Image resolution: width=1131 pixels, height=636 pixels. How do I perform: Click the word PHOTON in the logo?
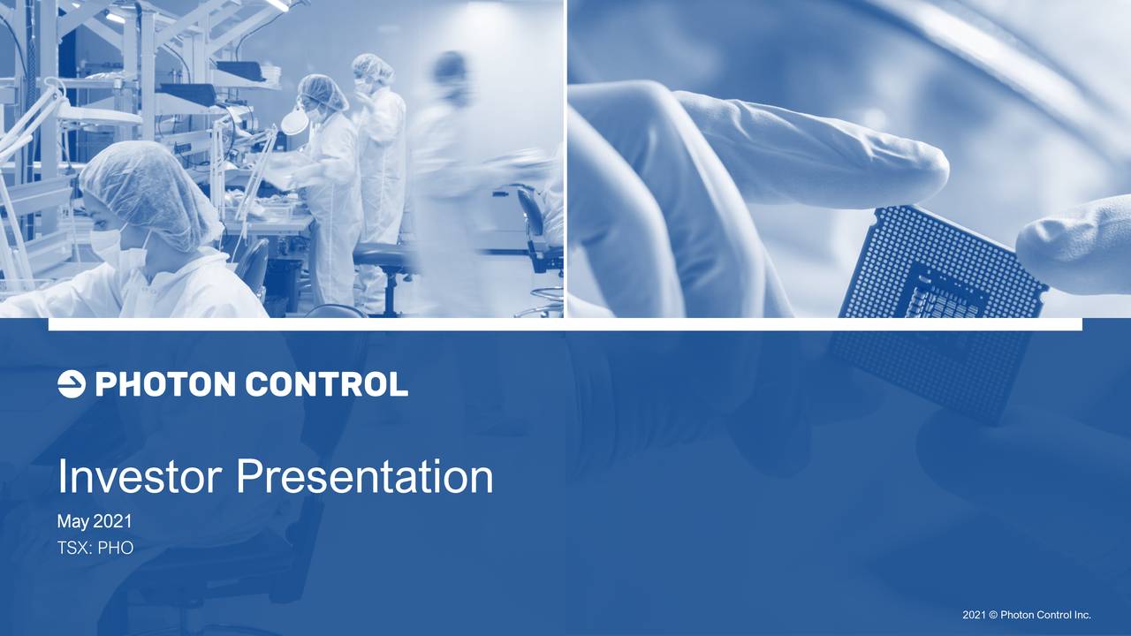tap(164, 384)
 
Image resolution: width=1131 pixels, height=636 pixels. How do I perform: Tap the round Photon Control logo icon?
tap(71, 384)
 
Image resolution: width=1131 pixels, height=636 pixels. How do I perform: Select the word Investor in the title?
tap(140, 477)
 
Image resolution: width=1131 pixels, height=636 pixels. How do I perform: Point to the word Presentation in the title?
tap(364, 477)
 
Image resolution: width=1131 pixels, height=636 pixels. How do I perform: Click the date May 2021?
tap(95, 523)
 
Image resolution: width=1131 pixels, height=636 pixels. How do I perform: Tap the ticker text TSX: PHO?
tap(95, 549)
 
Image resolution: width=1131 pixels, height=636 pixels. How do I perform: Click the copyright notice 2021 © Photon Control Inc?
tap(1027, 615)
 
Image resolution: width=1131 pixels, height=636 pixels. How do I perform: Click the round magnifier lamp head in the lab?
tap(295, 122)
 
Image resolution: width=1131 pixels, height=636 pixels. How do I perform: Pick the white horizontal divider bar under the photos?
tap(565, 324)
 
